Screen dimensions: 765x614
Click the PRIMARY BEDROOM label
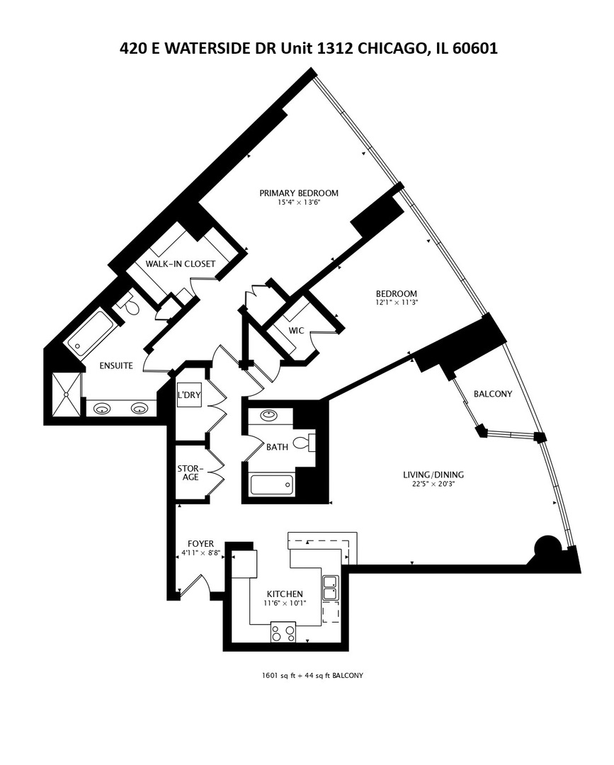pos(298,193)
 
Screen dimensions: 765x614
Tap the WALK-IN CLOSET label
pos(180,264)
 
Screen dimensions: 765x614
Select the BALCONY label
pos(492,394)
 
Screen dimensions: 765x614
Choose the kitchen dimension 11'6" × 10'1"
pos(285,604)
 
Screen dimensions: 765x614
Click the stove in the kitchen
pos(283,632)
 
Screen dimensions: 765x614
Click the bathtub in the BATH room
pos(271,485)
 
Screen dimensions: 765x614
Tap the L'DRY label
pos(189,395)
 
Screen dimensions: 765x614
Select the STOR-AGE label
pos(189,472)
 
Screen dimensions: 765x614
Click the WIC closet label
pos(296,330)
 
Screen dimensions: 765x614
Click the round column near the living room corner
pos(547,547)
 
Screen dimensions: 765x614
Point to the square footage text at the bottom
pos(312,675)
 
